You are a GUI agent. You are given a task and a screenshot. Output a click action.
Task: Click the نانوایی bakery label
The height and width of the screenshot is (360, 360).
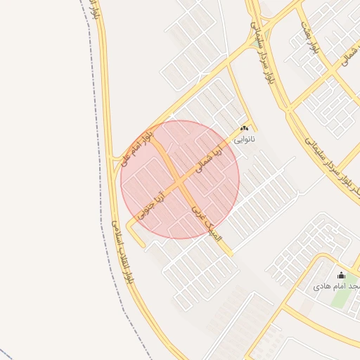245,140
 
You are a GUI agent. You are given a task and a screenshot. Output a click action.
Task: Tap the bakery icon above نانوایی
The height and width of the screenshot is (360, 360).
245,129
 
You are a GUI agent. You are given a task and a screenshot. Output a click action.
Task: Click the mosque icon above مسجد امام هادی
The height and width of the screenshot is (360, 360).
342,275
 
